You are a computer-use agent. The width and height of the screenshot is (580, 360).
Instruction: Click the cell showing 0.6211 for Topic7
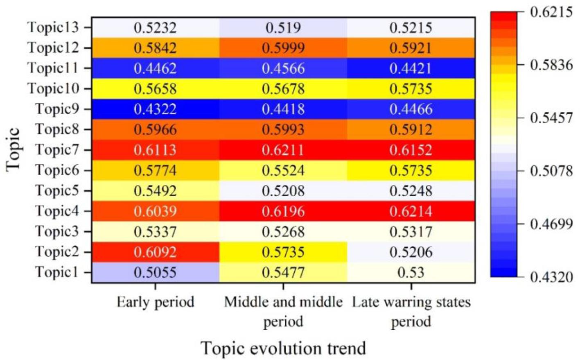coord(283,150)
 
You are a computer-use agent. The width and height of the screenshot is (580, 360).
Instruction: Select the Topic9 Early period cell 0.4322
coord(155,109)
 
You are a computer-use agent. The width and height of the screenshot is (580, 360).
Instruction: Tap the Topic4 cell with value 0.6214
coord(411,211)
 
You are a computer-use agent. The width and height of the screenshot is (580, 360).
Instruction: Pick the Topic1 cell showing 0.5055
coord(155,272)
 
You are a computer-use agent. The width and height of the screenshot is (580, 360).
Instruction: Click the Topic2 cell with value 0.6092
coord(155,252)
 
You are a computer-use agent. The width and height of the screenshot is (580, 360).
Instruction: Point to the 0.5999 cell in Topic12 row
coord(283,48)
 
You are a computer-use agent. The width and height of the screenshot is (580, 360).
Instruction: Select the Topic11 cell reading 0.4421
coord(411,68)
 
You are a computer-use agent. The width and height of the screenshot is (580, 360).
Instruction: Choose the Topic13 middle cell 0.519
coord(283,28)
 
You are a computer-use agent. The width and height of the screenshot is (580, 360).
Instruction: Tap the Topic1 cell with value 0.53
coord(411,272)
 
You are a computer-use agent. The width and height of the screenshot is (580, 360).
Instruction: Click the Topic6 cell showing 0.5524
coord(283,170)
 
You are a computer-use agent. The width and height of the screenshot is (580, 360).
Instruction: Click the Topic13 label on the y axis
coord(53,27)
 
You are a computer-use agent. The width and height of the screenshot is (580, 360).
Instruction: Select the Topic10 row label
coord(53,88)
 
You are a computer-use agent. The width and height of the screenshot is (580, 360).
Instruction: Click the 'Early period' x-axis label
coord(155,302)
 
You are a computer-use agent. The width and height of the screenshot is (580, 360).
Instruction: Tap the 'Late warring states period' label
coord(411,311)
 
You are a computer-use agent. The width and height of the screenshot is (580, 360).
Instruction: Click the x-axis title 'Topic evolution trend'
coord(283,349)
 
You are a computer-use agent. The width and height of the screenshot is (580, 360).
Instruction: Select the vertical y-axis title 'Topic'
coord(13,149)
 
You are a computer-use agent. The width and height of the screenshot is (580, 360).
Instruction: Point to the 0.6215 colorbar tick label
coord(551,12)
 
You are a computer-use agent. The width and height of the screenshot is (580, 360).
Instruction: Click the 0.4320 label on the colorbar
coord(551,277)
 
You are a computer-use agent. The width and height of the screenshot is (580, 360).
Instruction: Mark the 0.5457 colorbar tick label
coord(551,118)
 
